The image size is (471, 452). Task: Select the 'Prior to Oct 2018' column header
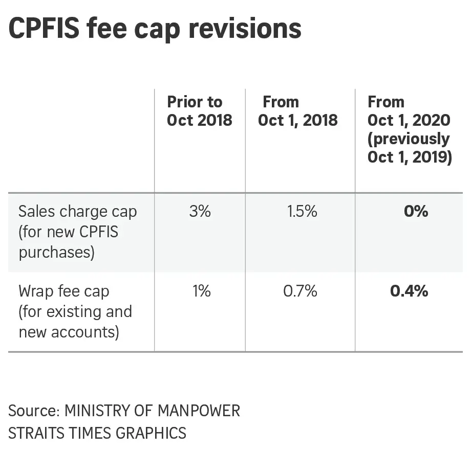(200, 111)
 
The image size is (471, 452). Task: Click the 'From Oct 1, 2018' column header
(298, 111)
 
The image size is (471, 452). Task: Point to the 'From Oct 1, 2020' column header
(409, 111)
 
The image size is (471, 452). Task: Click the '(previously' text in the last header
(409, 139)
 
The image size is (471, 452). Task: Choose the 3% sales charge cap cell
(200, 211)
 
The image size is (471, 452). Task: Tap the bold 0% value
(415, 211)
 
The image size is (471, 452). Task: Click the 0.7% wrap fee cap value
(301, 291)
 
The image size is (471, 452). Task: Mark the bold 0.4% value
(409, 291)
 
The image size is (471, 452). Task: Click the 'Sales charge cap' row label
(78, 211)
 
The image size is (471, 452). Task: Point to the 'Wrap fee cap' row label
(64, 291)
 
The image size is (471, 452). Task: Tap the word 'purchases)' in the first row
(57, 253)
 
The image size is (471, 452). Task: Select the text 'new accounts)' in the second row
(69, 332)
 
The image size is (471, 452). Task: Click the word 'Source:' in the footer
(34, 411)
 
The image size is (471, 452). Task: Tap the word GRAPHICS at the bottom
(151, 433)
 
